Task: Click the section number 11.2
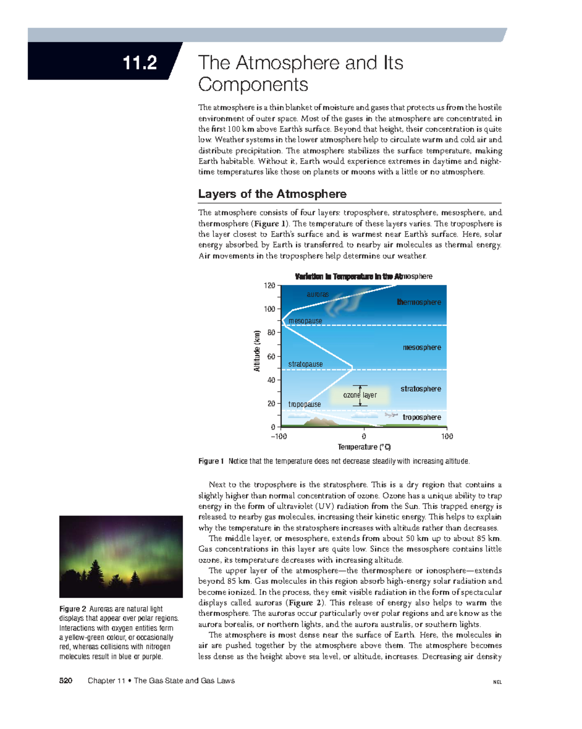(x=140, y=63)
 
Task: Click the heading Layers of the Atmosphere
(x=272, y=194)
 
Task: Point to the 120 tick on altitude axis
(x=270, y=285)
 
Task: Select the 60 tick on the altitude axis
(x=271, y=356)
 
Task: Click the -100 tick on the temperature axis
(x=278, y=436)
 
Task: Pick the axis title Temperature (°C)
(x=364, y=447)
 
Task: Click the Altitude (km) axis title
(x=257, y=350)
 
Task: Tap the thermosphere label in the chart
(x=419, y=302)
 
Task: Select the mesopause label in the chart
(x=305, y=321)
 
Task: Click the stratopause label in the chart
(x=305, y=364)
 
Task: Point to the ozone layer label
(x=360, y=395)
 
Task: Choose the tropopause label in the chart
(x=304, y=404)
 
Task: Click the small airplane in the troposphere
(x=391, y=415)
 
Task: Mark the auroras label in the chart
(x=318, y=294)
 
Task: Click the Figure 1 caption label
(x=211, y=461)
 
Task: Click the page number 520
(x=65, y=680)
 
